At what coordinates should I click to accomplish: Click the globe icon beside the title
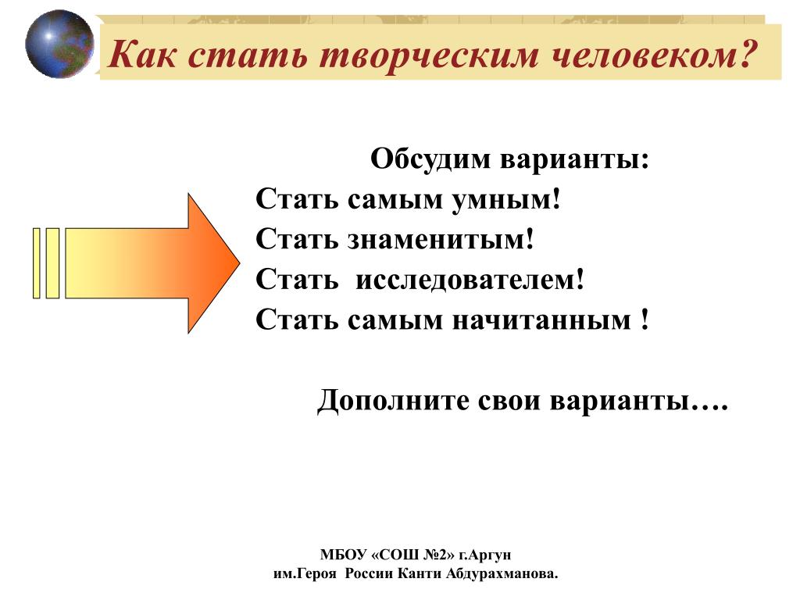(59, 45)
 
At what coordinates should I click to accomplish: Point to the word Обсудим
(430, 159)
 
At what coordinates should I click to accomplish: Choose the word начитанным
(542, 320)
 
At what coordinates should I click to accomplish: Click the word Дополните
(393, 401)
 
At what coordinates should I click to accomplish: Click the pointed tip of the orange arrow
(239, 262)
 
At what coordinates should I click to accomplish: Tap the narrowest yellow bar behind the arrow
(37, 262)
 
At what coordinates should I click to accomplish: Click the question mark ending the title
(745, 54)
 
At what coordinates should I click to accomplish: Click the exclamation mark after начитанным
(645, 319)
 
